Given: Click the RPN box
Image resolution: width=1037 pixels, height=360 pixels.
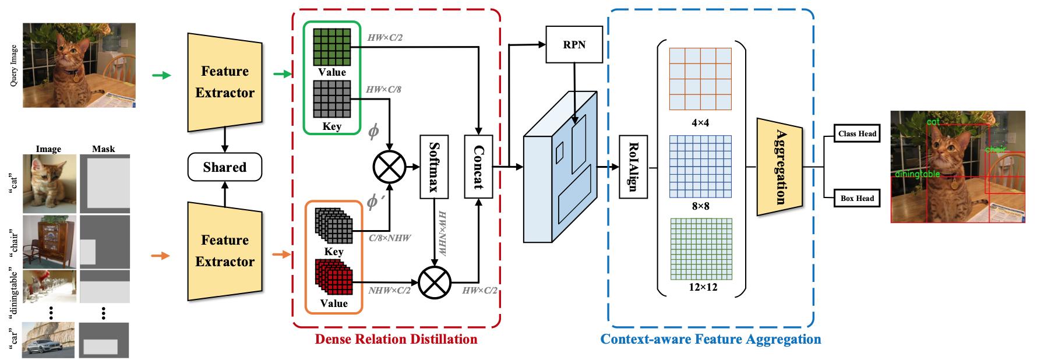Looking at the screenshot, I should point(574,44).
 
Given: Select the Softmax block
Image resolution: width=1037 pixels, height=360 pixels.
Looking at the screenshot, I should point(434,167).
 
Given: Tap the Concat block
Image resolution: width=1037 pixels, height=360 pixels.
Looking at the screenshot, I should point(478,167).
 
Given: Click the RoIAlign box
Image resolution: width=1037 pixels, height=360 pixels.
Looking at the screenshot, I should point(633,167).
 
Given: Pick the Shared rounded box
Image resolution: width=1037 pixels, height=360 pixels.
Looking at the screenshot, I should point(225,167).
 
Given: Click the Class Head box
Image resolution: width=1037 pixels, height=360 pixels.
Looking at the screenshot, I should point(857,133).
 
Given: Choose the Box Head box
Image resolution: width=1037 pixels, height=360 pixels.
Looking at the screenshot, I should point(857,198).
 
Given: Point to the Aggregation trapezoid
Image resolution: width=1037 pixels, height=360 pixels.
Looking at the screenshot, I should point(779,167).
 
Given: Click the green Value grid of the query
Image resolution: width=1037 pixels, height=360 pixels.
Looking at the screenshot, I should point(332,47).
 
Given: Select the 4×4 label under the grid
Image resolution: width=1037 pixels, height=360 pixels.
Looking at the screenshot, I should point(700,123).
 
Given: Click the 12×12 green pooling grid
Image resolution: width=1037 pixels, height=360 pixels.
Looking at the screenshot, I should point(700,249).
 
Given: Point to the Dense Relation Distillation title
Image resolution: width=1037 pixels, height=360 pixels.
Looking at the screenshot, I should point(396,339).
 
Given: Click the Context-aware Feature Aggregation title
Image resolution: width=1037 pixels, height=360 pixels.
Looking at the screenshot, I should point(710,339).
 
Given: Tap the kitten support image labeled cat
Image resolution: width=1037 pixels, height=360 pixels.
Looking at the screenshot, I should point(48,183).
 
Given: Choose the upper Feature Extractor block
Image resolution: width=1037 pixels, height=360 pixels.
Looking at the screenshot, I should point(225,82).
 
